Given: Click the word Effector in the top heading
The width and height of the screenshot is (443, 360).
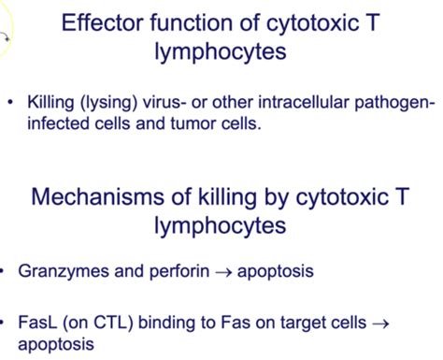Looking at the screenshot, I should click(x=97, y=23).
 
